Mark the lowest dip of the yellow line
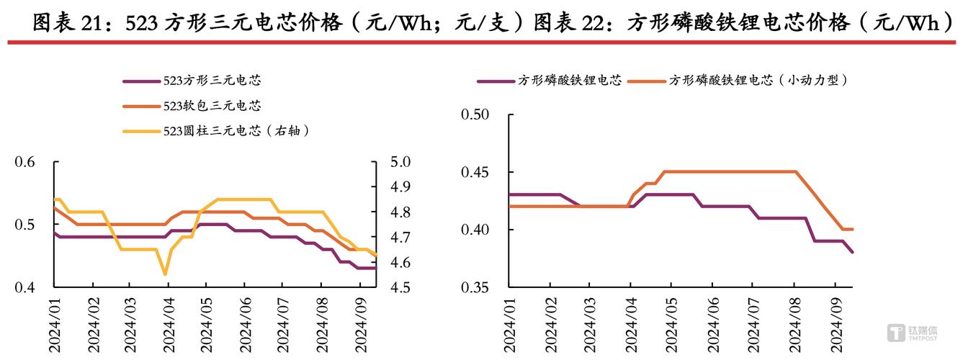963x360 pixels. (x=166, y=274)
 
